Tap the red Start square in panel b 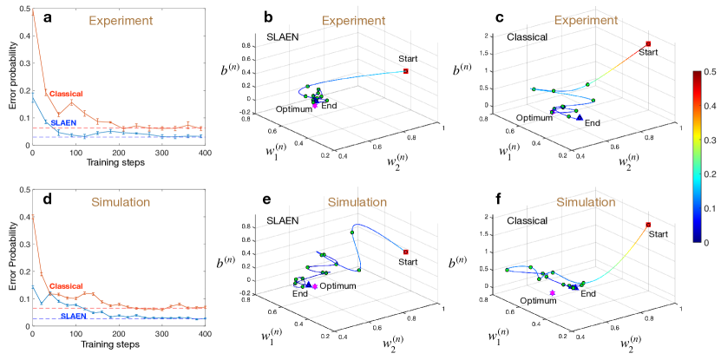coord(406,71)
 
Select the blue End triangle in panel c coord(580,117)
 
